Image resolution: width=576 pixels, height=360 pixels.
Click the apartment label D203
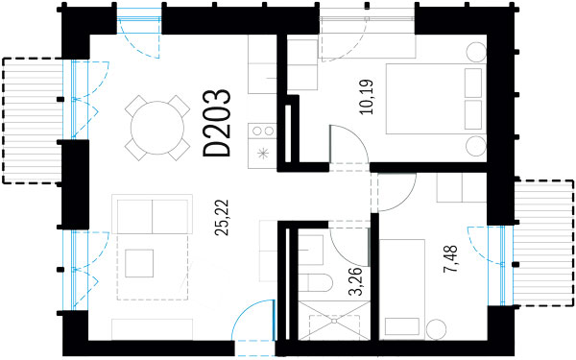pyautogui.click(x=217, y=123)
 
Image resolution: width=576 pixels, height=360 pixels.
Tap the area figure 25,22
pyautogui.click(x=222, y=217)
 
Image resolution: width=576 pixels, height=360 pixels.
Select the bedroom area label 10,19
pyautogui.click(x=367, y=97)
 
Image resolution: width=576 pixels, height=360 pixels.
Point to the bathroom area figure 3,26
pyautogui.click(x=355, y=281)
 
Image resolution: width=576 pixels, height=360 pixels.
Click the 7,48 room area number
pyautogui.click(x=450, y=258)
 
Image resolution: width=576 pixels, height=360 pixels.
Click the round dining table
pyautogui.click(x=157, y=128)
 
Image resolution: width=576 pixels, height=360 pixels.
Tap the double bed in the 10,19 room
pyautogui.click(x=436, y=99)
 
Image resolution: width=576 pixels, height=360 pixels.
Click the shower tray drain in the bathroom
pyautogui.click(x=334, y=321)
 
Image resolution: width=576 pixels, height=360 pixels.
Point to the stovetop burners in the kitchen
pyautogui.click(x=263, y=131)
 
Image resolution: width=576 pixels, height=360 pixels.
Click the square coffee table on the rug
pyautogui.click(x=139, y=263)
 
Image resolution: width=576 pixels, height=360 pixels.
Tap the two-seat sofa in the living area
pyautogui.click(x=152, y=214)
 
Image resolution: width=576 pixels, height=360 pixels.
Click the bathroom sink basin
pyautogui.click(x=311, y=250)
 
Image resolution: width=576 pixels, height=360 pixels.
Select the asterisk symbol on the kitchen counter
pyautogui.click(x=263, y=154)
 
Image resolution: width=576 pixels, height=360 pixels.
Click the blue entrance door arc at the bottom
pyautogui.click(x=253, y=320)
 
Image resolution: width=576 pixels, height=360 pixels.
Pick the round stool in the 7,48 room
pyautogui.click(x=437, y=328)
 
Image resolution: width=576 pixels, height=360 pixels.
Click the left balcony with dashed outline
pyautogui.click(x=33, y=121)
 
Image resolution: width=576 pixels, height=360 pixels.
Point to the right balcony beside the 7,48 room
pyautogui.click(x=543, y=243)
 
